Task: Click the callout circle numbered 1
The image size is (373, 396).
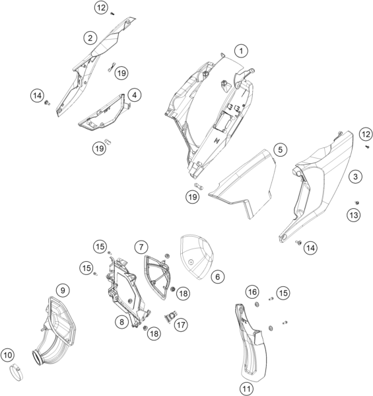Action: pos(241,51)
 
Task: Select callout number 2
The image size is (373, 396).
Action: pos(90,38)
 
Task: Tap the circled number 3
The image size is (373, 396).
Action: pos(355,177)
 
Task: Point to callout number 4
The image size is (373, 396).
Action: pos(135,95)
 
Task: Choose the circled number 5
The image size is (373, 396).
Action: pos(280,150)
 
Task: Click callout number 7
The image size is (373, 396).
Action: pos(141,247)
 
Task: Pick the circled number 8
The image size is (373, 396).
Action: pos(122,322)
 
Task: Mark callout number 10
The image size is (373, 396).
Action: pos(7,355)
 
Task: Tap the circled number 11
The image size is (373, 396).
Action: pos(246,389)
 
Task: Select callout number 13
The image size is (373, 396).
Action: pos(354,215)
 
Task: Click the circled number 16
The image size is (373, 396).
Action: pos(252,292)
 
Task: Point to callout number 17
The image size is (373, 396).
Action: pos(181,325)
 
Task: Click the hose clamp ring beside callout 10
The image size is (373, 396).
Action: pos(17,372)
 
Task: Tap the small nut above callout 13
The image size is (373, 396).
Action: pos(357,202)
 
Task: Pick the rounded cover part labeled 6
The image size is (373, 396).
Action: pos(197,257)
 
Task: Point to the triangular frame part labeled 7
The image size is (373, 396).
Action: pos(158,277)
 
